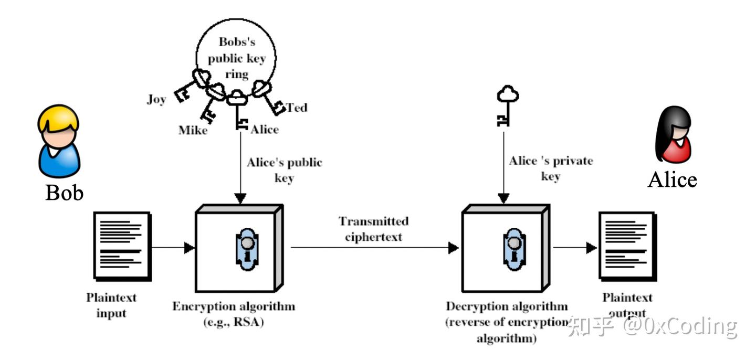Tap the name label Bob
pyautogui.click(x=64, y=193)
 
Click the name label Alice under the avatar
pyautogui.click(x=672, y=180)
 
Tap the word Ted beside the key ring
pyautogui.click(x=297, y=108)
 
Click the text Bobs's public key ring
pyautogui.click(x=236, y=58)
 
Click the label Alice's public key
pyautogui.click(x=284, y=170)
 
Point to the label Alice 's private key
pyautogui.click(x=550, y=168)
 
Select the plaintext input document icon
pyautogui.click(x=122, y=245)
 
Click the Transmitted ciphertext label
pyautogui.click(x=373, y=229)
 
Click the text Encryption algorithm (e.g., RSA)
pyautogui.click(x=234, y=314)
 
